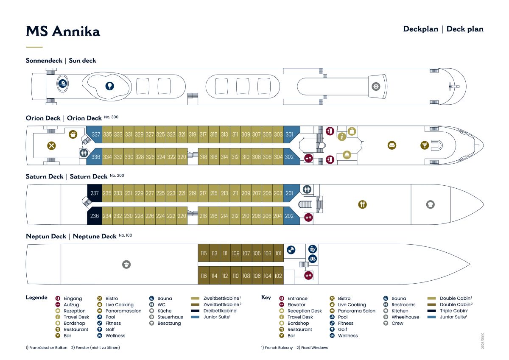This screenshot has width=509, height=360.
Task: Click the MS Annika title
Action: [63, 31]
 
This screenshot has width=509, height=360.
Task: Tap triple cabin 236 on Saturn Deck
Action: [95, 216]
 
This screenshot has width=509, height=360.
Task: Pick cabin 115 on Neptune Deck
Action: [204, 253]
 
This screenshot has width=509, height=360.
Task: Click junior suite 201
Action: [291, 193]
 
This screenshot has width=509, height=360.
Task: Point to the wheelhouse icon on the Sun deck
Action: [376, 87]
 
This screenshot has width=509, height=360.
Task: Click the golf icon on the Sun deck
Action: [110, 86]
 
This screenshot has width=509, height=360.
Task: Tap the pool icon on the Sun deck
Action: [63, 84]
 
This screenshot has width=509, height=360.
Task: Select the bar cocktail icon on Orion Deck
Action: [425, 145]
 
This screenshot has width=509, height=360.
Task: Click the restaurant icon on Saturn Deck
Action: [362, 204]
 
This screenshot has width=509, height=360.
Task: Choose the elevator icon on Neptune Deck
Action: [308, 276]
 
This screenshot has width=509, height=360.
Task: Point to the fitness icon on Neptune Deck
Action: [291, 250]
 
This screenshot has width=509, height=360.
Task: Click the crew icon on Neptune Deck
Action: [126, 264]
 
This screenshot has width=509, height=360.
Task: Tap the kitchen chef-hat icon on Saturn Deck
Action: [431, 204]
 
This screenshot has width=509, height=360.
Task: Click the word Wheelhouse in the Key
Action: [406, 317]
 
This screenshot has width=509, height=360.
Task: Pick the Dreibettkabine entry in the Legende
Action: [220, 310]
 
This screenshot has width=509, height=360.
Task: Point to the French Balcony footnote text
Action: [277, 348]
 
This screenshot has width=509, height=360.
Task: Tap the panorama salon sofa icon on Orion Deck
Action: [392, 145]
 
